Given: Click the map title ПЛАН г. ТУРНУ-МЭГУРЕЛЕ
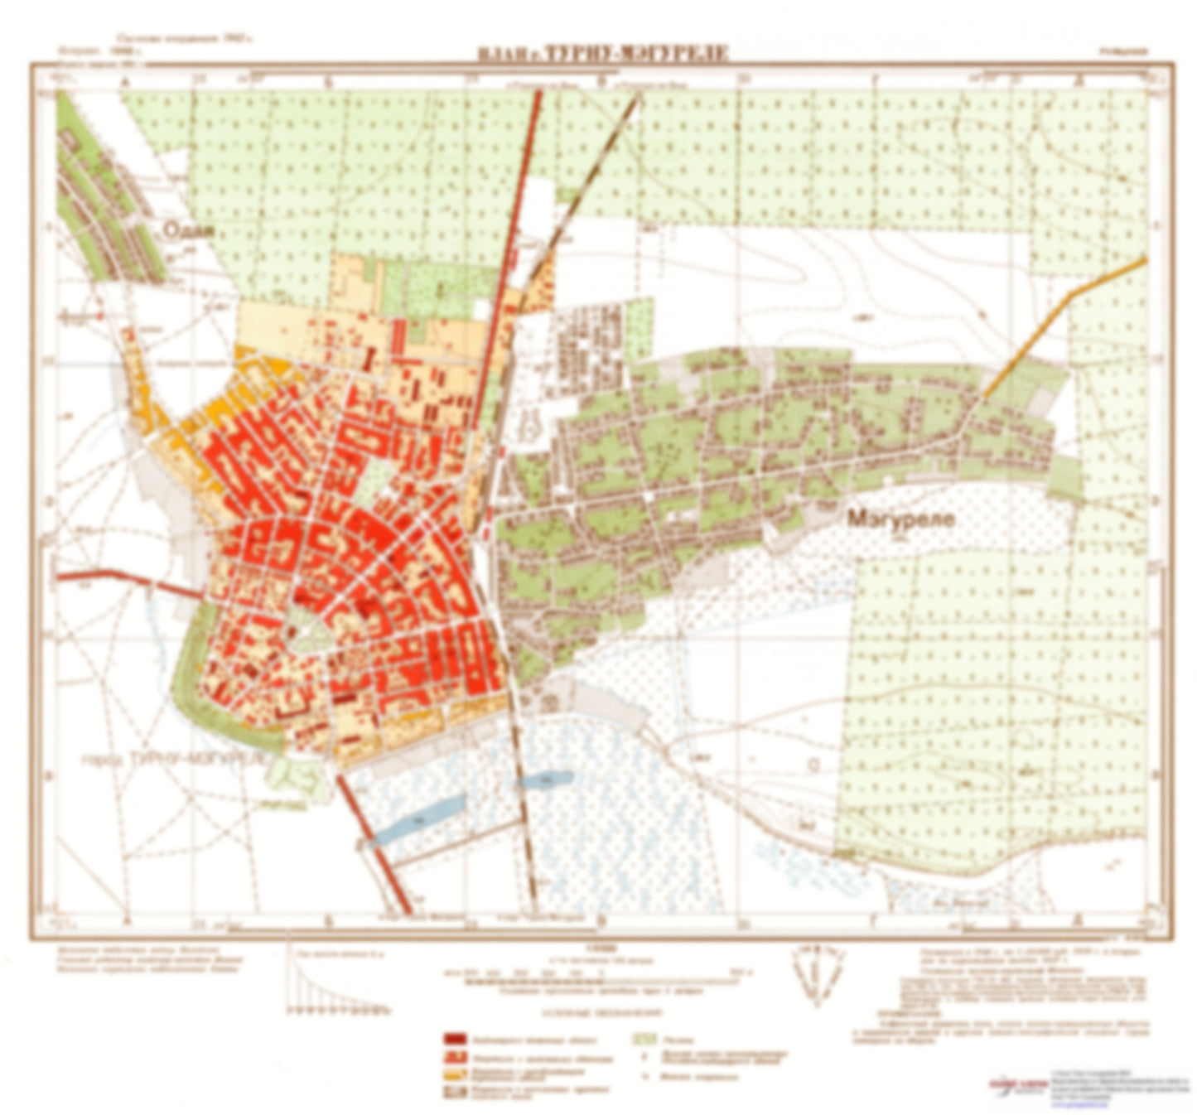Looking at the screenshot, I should click(x=603, y=54).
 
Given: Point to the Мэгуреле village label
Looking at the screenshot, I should click(x=900, y=519).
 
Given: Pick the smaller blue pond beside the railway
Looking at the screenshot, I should click(x=543, y=780).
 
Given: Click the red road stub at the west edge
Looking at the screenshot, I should click(x=124, y=577).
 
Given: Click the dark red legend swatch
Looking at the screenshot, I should click(x=456, y=1039).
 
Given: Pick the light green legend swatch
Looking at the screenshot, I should click(x=644, y=1039).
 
